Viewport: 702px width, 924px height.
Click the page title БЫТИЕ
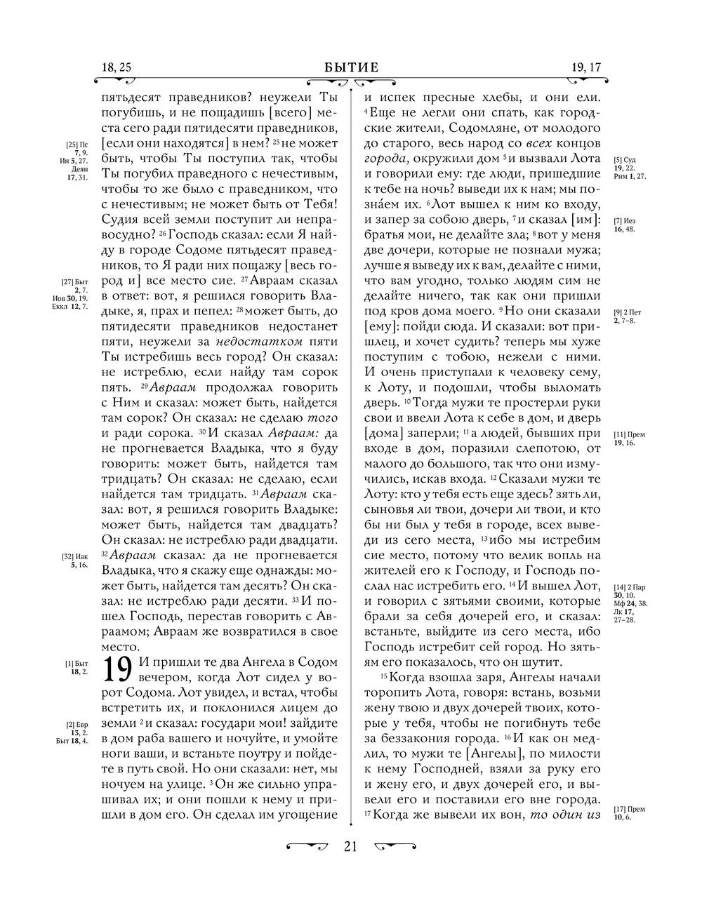(351, 67)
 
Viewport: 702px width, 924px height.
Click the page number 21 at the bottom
(350, 846)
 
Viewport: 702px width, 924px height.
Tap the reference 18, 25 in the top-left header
(117, 67)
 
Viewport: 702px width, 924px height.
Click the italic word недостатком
(260, 341)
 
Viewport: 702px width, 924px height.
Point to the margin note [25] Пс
(78, 144)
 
